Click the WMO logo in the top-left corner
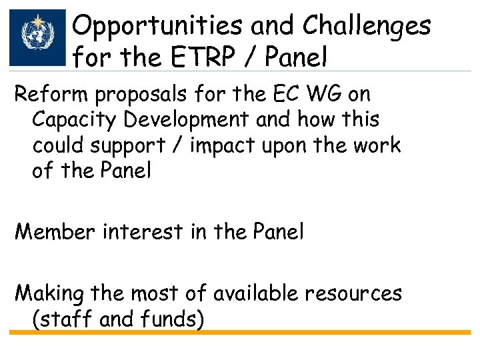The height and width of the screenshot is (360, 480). [38, 37]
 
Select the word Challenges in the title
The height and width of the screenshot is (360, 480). [367, 27]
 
